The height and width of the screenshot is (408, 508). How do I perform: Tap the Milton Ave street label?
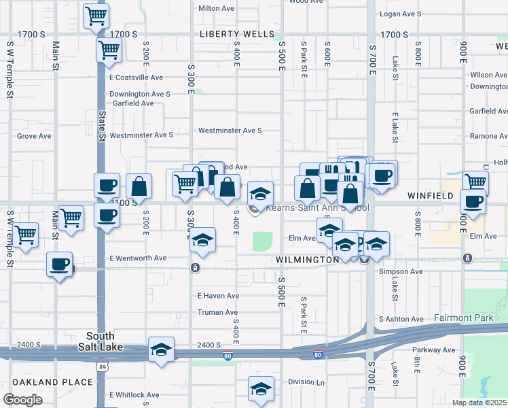tap(215, 9)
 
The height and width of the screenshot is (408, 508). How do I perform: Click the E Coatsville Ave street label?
tap(136, 78)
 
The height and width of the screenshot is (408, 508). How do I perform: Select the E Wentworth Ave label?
tap(138, 258)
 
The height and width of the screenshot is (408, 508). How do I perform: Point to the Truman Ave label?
tap(217, 312)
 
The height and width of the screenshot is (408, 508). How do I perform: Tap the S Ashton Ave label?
tap(401, 319)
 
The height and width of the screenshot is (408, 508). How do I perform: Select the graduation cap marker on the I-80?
tap(161, 350)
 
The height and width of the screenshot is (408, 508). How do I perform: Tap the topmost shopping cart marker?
tap(96, 15)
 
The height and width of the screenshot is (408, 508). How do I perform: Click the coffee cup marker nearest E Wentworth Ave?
tap(59, 264)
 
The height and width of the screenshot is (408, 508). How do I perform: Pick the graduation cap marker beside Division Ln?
tap(261, 389)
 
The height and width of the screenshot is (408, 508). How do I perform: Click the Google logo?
tap(22, 400)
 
